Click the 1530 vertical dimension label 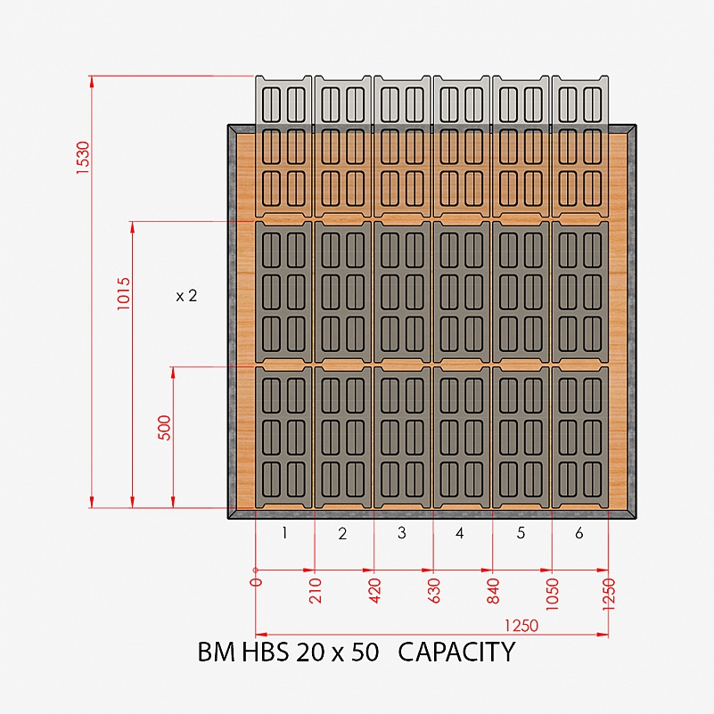83,158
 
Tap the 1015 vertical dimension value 124,293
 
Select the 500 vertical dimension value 164,428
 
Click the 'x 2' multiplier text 186,296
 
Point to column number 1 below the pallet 284,532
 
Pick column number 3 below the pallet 402,532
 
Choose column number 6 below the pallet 579,532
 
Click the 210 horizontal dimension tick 316,591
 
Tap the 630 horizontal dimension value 434,591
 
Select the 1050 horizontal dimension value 552,594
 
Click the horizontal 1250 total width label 521,626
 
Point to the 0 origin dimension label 257,581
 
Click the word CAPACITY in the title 456,652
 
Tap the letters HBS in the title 265,652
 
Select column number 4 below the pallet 460,532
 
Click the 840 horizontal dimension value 493,591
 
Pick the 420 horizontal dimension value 374,591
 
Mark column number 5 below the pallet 521,532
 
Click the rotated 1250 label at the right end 609,594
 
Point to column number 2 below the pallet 342,533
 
